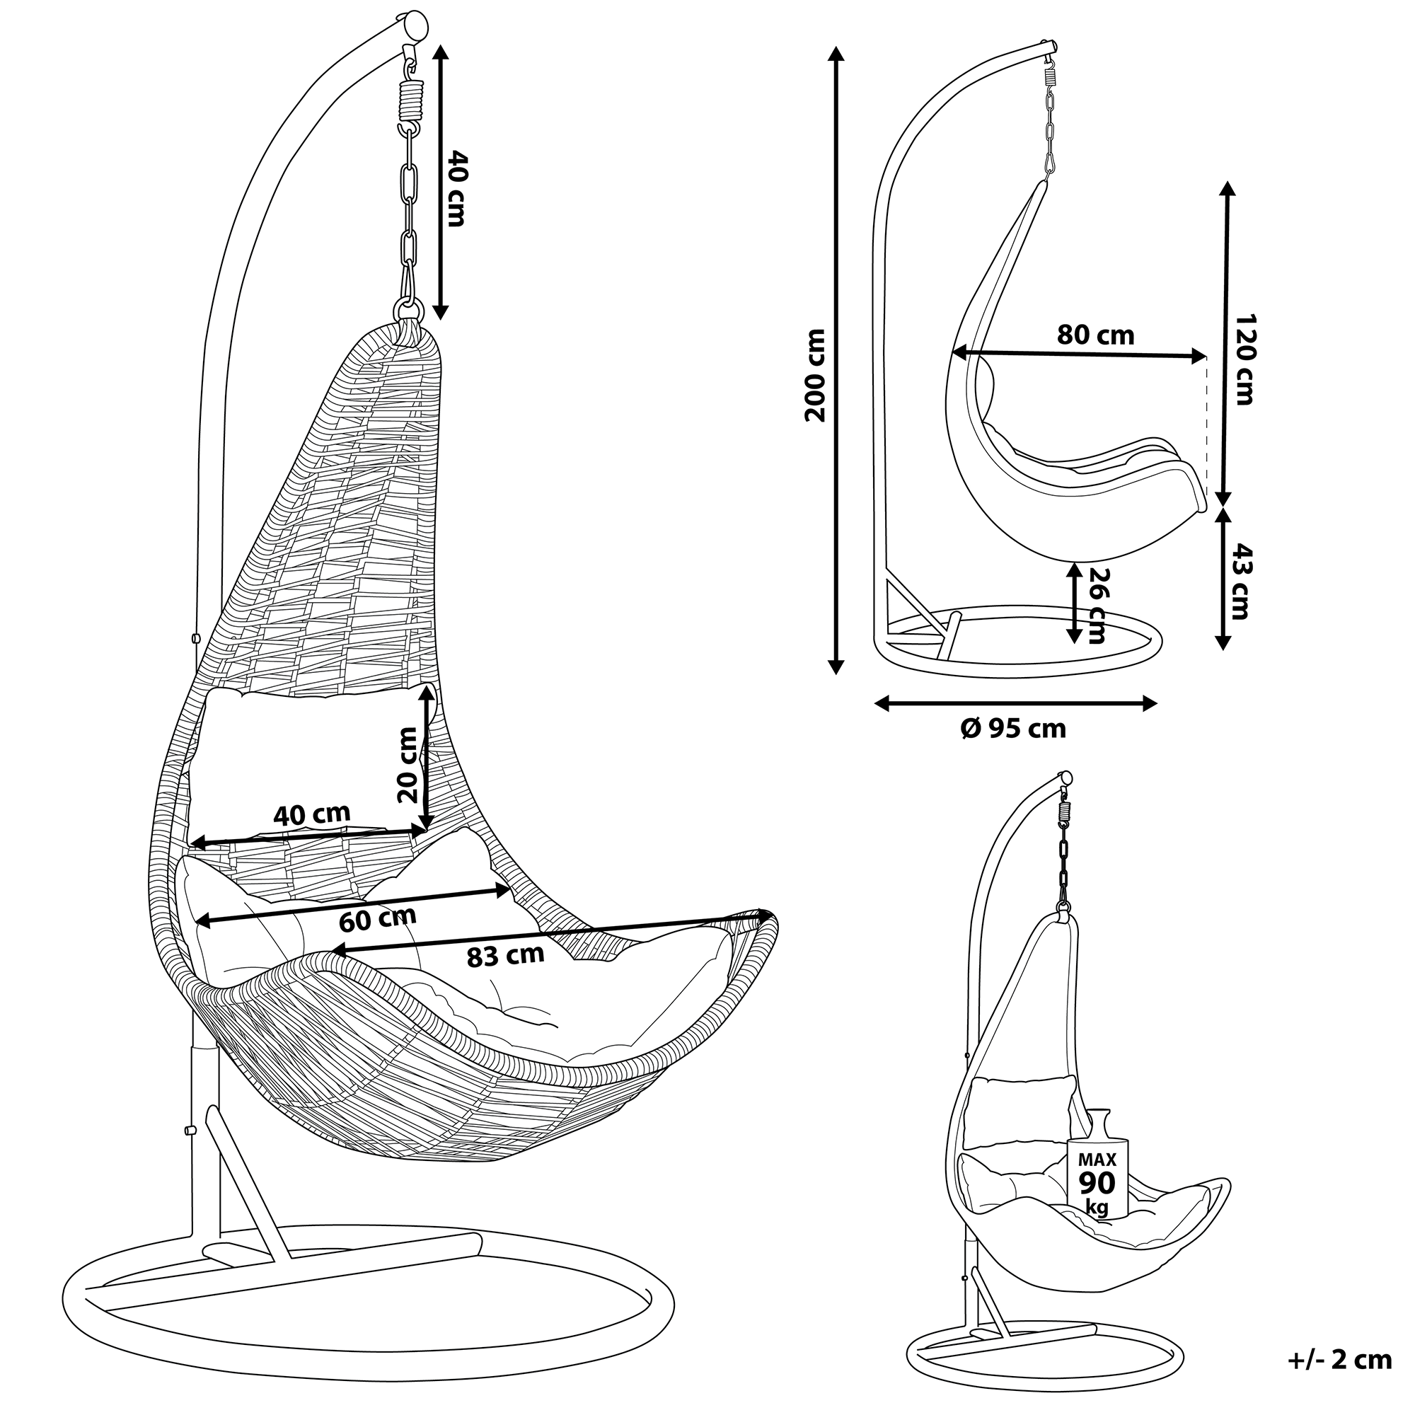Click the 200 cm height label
click(x=814, y=375)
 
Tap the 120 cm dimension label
click(x=1244, y=359)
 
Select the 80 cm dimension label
click(x=1095, y=335)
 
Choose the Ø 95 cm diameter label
click(x=1014, y=728)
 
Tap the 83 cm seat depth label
click(x=505, y=955)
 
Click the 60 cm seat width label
click(x=378, y=918)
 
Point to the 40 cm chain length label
click(x=456, y=187)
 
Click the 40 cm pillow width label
click(x=312, y=814)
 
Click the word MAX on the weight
click(x=1097, y=1160)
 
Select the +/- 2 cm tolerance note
click(x=1339, y=1360)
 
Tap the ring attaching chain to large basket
click(x=409, y=308)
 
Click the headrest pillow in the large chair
click(x=311, y=762)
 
